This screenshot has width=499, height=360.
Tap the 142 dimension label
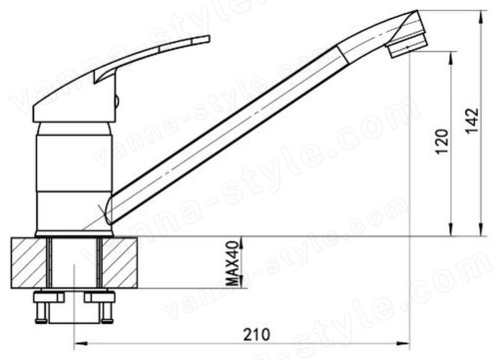[472, 121]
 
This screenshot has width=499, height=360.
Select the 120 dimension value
[442, 142]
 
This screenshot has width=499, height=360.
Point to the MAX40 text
[233, 263]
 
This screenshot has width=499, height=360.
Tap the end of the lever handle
[209, 39]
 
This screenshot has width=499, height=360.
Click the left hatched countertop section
[29, 262]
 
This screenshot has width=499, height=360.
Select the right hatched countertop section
[120, 262]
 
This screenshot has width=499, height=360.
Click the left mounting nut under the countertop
[49, 297]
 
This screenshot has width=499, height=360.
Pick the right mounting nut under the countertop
[99, 297]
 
